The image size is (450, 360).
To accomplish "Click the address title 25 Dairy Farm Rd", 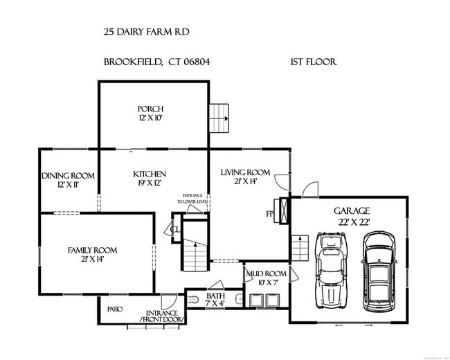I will point(145,32).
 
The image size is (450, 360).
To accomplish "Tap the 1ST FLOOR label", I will point(313,62).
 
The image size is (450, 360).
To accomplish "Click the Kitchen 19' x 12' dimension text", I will point(150,183).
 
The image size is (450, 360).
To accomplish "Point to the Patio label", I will point(114,309).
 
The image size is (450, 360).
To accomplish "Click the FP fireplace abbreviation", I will point(270,214).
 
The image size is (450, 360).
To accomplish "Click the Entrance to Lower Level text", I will point(192,199).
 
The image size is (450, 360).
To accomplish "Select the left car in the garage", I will point(331,269).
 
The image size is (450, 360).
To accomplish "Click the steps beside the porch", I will point(219,118).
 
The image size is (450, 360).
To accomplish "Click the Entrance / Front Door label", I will point(162,316).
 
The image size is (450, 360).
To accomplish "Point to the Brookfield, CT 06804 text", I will point(157,62).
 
